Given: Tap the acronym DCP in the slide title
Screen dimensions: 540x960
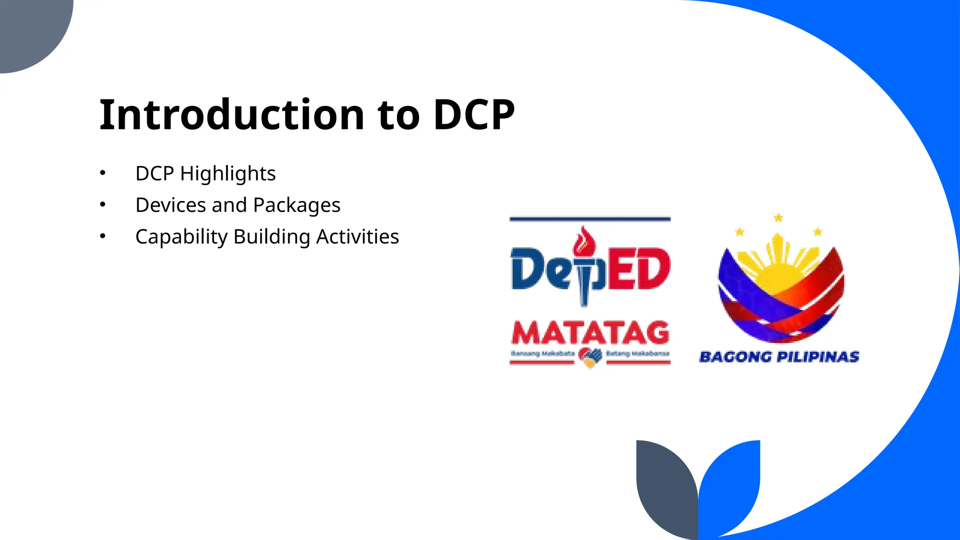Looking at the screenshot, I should pyautogui.click(x=473, y=115).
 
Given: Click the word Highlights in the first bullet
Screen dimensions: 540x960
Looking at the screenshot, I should pyautogui.click(x=228, y=174).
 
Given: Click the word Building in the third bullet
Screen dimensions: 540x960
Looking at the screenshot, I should pyautogui.click(x=272, y=237).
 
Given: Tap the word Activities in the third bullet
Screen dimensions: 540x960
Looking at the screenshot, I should pyautogui.click(x=358, y=237).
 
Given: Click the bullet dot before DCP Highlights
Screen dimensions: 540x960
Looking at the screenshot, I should pyautogui.click(x=103, y=173).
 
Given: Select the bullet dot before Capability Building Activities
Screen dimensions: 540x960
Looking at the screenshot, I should pyautogui.click(x=103, y=236).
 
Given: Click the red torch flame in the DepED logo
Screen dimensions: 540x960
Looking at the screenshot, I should pyautogui.click(x=584, y=242).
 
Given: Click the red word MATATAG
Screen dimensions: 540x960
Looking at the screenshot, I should pyautogui.click(x=590, y=333).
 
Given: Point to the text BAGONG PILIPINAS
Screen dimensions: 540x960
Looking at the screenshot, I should pyautogui.click(x=779, y=357).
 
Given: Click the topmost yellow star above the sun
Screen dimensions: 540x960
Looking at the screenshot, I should pyautogui.click(x=779, y=217).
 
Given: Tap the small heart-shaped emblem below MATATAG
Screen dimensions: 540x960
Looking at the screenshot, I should pyautogui.click(x=590, y=358).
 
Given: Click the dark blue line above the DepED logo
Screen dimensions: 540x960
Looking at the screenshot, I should pyautogui.click(x=590, y=219).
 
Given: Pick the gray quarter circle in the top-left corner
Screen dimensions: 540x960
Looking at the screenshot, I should pyautogui.click(x=28, y=28).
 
